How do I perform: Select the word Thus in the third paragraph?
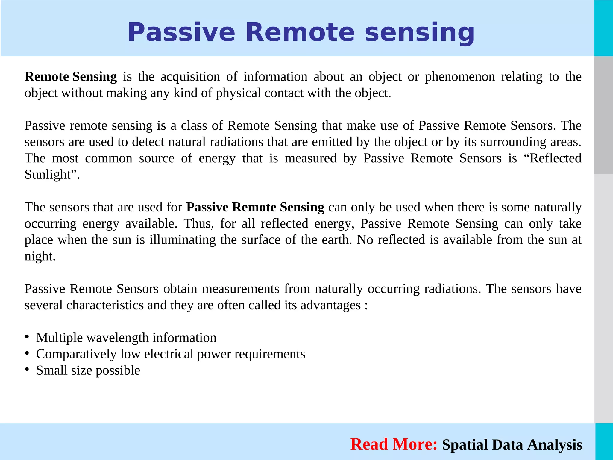click(x=198, y=223)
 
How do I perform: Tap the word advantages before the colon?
click(x=330, y=305)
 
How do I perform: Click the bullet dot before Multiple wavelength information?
click(x=27, y=337)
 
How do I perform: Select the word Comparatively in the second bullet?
click(x=76, y=354)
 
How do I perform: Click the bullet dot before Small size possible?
click(x=27, y=369)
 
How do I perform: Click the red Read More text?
click(x=394, y=444)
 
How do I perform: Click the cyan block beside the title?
click(x=603, y=28)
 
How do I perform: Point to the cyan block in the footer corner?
click(x=604, y=441)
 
